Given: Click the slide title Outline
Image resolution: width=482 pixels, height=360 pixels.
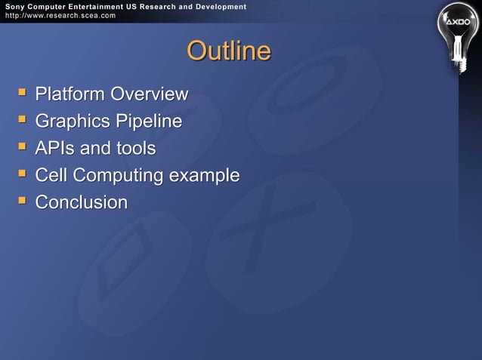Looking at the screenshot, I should point(228,51).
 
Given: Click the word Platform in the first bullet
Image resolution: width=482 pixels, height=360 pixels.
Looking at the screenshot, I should point(70,94).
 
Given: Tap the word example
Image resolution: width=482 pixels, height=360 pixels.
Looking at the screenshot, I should point(204,177).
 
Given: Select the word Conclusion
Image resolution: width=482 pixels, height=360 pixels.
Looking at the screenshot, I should point(82,203).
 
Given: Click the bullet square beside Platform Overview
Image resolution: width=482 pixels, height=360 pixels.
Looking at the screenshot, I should point(22,93).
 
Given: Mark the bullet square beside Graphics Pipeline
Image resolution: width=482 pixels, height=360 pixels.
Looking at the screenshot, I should point(22,120).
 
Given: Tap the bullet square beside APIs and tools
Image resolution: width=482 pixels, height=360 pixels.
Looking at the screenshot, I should point(22,147).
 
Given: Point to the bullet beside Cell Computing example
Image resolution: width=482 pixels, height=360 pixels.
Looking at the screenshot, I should point(22,174).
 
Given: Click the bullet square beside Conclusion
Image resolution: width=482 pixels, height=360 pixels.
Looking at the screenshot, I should point(22,202).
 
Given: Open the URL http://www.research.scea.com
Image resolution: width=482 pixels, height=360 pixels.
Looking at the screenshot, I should point(58,15).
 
